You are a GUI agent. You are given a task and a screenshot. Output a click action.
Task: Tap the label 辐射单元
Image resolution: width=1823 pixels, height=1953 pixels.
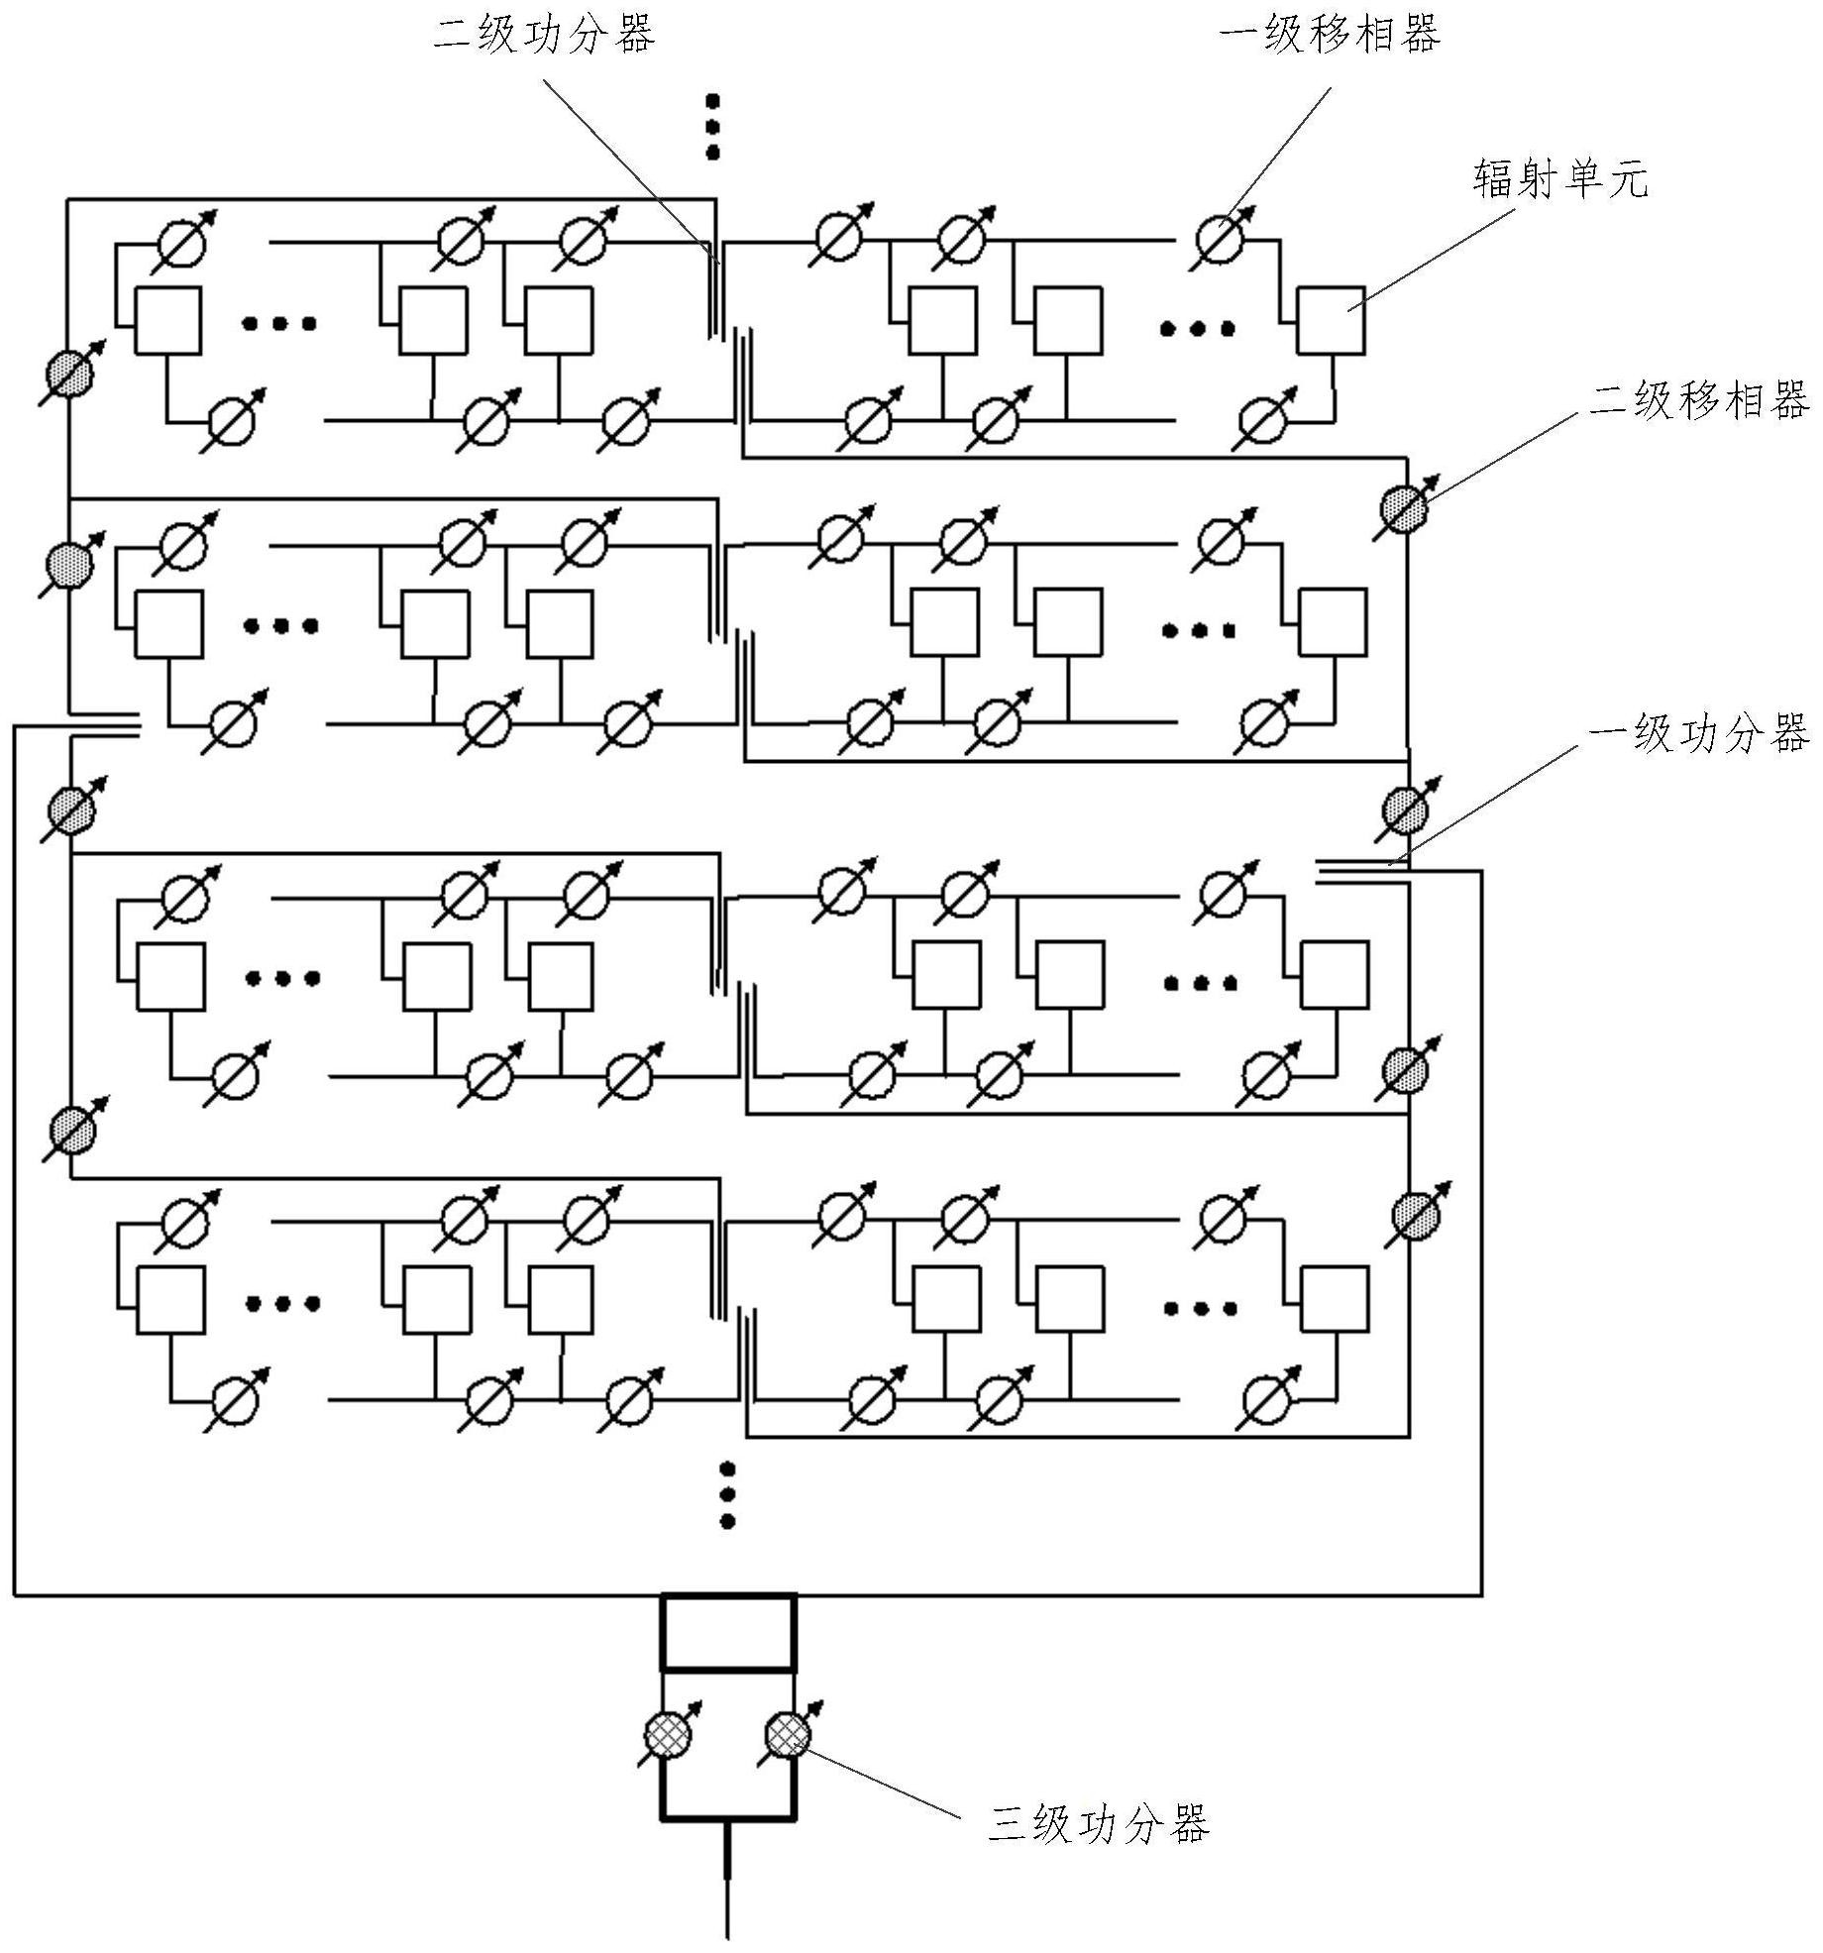coord(1560,181)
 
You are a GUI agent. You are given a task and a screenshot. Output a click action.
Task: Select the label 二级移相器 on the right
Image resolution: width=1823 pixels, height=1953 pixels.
coord(1698,401)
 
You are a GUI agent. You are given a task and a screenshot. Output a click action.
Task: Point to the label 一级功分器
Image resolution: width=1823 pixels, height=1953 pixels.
coord(1698,734)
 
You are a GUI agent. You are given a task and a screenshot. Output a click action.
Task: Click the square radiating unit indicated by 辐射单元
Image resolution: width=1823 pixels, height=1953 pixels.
coord(1331,321)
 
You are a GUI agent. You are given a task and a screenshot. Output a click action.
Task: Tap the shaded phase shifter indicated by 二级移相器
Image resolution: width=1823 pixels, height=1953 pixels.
coord(1404,508)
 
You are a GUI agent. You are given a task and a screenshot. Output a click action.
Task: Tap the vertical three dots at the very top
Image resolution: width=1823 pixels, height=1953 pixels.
coord(711,127)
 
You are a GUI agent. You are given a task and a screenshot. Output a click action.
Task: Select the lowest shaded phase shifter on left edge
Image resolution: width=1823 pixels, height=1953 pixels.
coord(72,1130)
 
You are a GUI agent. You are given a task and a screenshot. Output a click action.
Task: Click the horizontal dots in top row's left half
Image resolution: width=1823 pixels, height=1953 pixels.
coord(280,323)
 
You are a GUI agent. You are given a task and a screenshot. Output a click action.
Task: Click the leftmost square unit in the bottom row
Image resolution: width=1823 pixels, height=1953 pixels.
coord(170,1300)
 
